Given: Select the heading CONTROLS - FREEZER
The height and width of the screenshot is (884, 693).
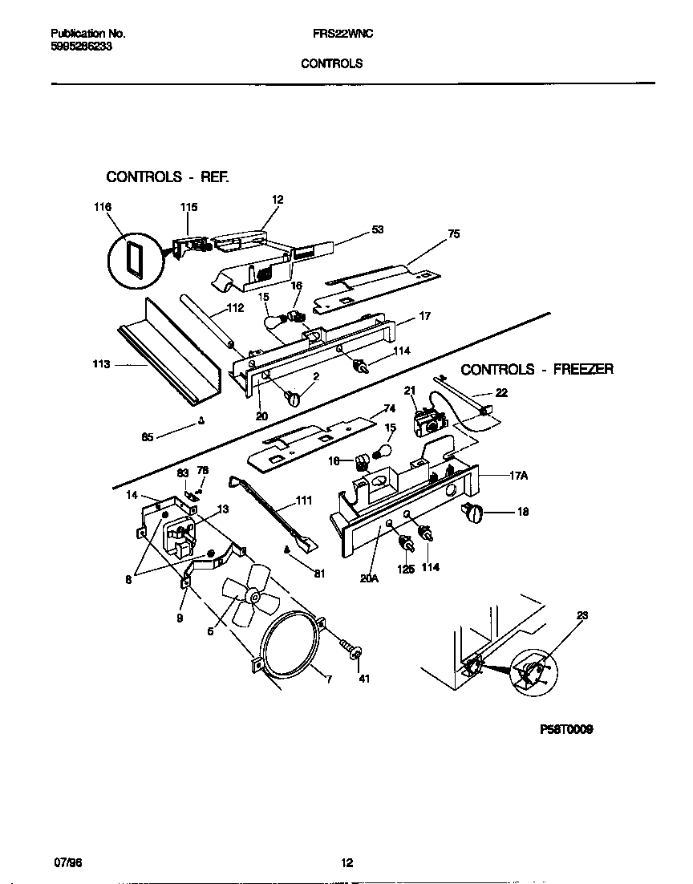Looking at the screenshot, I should click(x=537, y=369).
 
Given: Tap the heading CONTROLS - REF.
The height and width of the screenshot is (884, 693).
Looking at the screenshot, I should click(x=168, y=176).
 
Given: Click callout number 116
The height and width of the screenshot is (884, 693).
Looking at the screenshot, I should click(x=102, y=207).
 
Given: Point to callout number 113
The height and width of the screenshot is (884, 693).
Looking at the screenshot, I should click(x=101, y=363).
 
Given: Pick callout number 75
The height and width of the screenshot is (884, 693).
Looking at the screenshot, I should click(x=453, y=235).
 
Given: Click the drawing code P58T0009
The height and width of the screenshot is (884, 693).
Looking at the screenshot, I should click(x=565, y=730).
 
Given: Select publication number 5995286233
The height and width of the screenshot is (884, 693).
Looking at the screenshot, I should click(x=81, y=47).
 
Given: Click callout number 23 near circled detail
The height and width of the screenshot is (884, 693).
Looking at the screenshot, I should click(x=582, y=617).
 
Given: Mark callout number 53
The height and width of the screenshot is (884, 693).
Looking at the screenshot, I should click(x=377, y=229).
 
